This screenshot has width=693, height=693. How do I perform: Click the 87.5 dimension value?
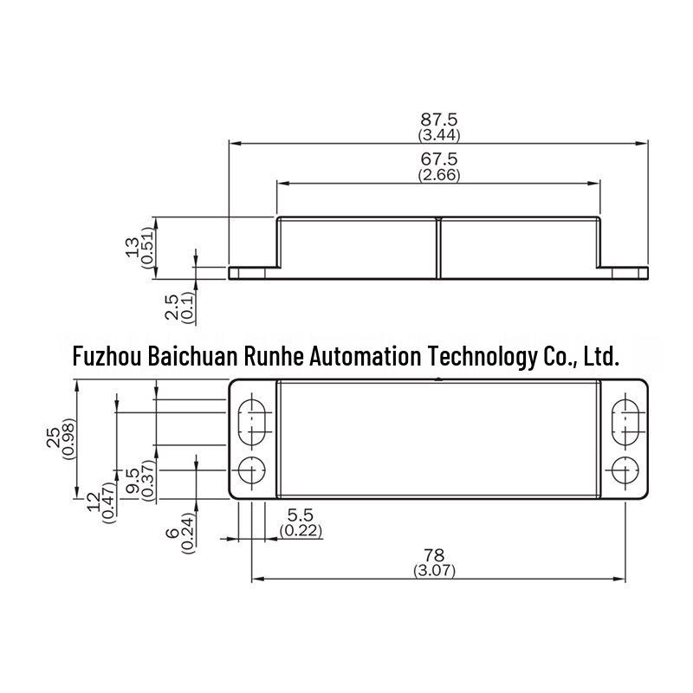click(x=438, y=120)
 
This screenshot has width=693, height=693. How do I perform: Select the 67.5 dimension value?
click(x=438, y=159)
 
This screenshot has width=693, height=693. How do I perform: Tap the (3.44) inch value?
click(x=439, y=135)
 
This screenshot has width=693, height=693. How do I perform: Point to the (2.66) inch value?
click(x=439, y=175)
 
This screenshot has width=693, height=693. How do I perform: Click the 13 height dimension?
click(x=133, y=248)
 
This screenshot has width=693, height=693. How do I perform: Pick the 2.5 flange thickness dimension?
click(x=172, y=307)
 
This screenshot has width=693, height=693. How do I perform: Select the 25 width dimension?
click(x=54, y=437)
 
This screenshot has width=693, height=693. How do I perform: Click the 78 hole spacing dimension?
click(x=434, y=554)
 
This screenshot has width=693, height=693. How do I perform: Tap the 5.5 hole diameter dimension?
click(x=301, y=515)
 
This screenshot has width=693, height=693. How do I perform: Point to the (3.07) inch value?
click(x=434, y=570)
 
